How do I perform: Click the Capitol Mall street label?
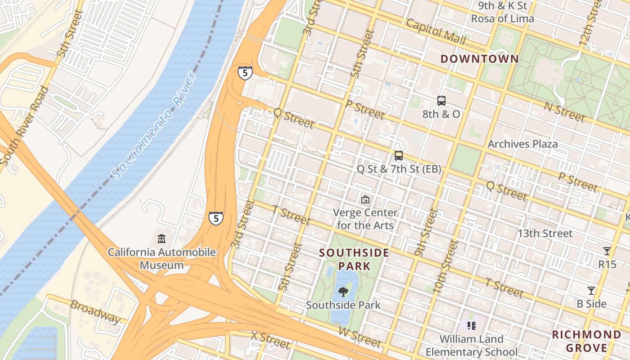436,31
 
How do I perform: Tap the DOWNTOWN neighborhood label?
479,59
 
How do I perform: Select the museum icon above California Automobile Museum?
162,238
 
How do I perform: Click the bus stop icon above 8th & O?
441,101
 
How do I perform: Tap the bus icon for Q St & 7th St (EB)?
399,156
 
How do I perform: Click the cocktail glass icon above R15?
607,251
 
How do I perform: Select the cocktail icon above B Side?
591,291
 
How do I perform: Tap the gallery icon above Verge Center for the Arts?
365,199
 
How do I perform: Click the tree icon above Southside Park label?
343,292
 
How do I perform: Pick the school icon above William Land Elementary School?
471,325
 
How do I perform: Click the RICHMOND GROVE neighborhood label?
586,341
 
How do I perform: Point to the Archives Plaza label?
522,144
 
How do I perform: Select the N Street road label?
564,111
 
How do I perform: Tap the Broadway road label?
96,311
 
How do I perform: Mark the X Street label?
270,340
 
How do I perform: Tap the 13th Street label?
544,234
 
